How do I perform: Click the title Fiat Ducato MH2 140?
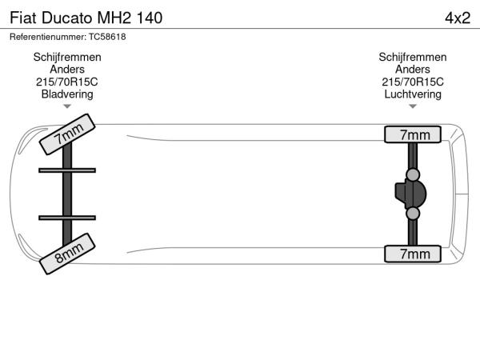(x=86, y=18)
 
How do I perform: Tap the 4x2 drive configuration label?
(x=458, y=18)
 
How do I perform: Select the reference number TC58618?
(x=107, y=37)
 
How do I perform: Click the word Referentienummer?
(x=48, y=37)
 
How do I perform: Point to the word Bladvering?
(x=67, y=94)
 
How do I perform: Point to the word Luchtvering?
(x=413, y=94)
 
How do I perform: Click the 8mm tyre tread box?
(x=67, y=254)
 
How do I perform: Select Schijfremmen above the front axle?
(x=67, y=57)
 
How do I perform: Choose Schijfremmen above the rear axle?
(x=413, y=57)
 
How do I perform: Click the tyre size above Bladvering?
(x=67, y=82)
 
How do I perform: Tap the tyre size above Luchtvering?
(x=413, y=82)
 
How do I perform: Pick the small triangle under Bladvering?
(x=67, y=106)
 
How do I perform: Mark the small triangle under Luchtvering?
(x=413, y=106)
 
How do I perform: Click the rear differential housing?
(x=410, y=194)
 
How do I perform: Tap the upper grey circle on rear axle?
(x=413, y=174)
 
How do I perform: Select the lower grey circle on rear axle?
(x=413, y=214)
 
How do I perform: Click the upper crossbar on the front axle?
(x=67, y=170)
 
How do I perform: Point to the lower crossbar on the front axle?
(x=67, y=218)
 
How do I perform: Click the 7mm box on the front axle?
(x=67, y=134)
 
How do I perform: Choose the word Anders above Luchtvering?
(x=413, y=70)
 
